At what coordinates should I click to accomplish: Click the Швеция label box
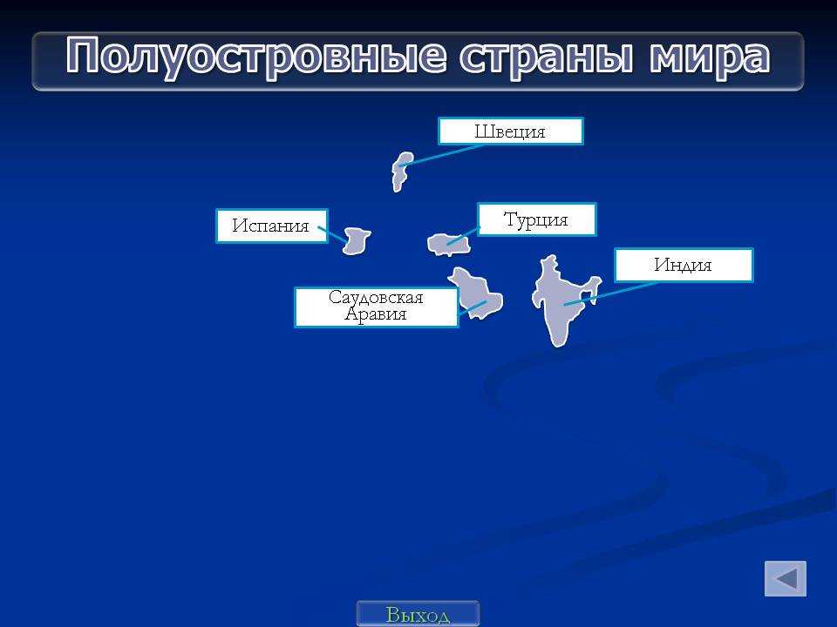click(511, 131)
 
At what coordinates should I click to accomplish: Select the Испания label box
click(272, 226)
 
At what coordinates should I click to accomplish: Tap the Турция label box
click(536, 219)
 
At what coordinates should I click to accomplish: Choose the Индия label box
click(684, 265)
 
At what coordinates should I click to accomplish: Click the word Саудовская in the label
click(376, 297)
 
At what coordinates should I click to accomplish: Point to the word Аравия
click(376, 314)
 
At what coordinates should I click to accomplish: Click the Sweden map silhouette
click(402, 172)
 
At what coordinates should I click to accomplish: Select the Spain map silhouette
click(356, 241)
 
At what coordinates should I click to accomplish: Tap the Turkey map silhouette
click(449, 245)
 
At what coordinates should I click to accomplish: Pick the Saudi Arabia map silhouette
click(477, 294)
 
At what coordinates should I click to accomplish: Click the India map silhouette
click(561, 299)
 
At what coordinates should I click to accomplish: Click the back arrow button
click(786, 578)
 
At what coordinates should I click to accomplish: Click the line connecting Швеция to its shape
click(442, 155)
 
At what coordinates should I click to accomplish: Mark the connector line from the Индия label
click(610, 293)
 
